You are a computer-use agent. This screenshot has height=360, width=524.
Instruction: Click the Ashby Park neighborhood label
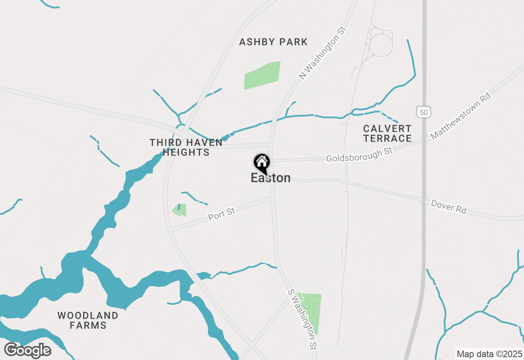273,42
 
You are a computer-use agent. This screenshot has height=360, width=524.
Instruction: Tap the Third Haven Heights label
186,147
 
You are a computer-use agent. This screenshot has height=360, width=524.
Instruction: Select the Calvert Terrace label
387,133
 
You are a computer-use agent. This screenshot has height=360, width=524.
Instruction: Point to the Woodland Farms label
88,320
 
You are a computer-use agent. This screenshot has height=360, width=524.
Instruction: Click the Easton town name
271,178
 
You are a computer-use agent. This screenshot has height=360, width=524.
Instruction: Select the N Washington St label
322,53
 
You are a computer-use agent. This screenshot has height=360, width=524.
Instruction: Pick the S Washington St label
302,319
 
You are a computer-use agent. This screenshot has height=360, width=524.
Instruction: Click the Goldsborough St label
359,155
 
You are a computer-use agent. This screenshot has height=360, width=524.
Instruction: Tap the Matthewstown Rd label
460,116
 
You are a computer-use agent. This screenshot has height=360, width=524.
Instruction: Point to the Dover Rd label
449,207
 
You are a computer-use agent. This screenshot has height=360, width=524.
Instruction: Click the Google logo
27,351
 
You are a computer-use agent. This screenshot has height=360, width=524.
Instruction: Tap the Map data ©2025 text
489,354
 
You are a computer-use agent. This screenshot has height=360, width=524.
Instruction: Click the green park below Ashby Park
262,75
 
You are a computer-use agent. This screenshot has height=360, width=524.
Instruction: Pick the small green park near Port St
180,210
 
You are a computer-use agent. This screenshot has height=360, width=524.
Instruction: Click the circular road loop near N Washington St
381,45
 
